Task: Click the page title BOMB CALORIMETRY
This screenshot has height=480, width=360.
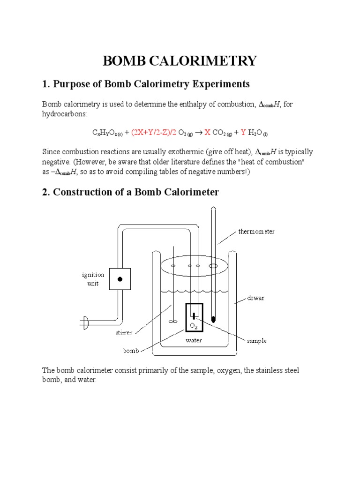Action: pyautogui.click(x=180, y=60)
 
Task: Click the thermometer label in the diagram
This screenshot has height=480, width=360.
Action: pyautogui.click(x=256, y=231)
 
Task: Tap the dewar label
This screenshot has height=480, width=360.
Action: pyautogui.click(x=256, y=298)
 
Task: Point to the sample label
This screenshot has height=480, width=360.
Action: pyautogui.click(x=257, y=341)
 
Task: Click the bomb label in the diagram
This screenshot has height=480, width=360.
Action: pyautogui.click(x=131, y=350)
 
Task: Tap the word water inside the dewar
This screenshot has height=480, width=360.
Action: pyautogui.click(x=194, y=340)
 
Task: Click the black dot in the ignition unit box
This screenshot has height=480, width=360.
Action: pyautogui.click(x=120, y=279)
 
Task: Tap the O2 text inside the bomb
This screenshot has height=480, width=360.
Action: pyautogui.click(x=194, y=325)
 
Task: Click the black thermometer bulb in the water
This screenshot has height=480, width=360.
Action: pyautogui.click(x=214, y=320)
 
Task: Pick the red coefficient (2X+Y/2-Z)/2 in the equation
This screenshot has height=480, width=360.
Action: pyautogui.click(x=155, y=133)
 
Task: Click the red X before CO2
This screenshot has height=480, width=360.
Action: pyautogui.click(x=207, y=133)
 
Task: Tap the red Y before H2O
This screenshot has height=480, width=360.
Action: pyautogui.click(x=243, y=133)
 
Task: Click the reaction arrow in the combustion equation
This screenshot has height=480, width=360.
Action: pyautogui.click(x=199, y=133)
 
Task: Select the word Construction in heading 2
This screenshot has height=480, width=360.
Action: pyautogui.click(x=82, y=192)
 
